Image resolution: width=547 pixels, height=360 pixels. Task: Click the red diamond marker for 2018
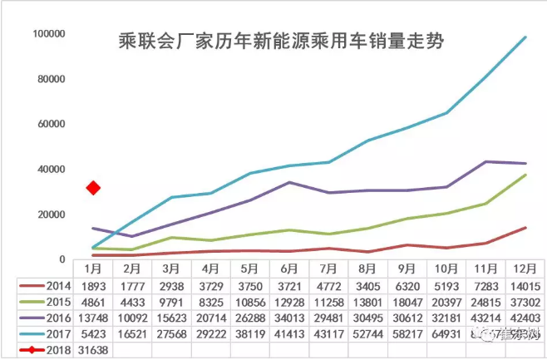click(94, 188)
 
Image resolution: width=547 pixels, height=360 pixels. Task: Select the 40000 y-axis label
click(51, 170)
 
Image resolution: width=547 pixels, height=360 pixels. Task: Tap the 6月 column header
click(289, 269)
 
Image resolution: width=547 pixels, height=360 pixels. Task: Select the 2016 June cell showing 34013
click(289, 318)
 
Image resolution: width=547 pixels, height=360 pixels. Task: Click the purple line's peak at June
click(288, 182)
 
